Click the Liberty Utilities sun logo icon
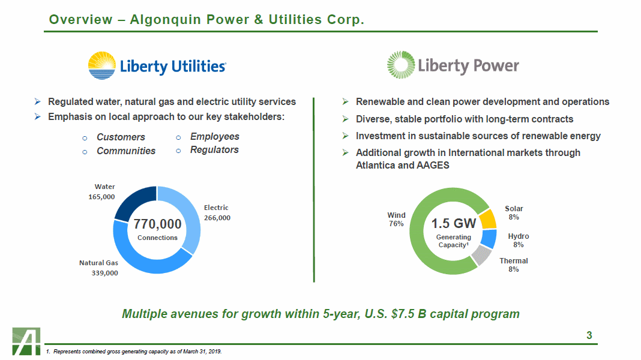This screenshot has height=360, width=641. click(102, 65)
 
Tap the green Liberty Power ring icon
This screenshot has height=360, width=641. click(401, 65)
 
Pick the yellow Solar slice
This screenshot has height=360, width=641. click(488, 219)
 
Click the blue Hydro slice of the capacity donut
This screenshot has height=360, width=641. click(489, 239)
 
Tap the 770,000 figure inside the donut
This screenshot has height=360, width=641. click(157, 224)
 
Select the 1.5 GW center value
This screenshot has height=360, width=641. click(454, 223)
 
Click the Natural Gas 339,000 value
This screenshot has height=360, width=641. click(104, 273)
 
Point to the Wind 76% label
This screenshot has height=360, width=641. click(396, 220)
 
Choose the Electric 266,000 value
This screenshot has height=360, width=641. click(217, 218)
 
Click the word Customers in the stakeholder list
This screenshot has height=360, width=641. click(121, 137)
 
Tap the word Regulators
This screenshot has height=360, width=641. click(214, 150)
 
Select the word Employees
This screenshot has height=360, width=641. click(215, 136)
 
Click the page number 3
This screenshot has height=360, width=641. click(589, 335)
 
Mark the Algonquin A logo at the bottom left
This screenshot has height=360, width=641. click(26, 341)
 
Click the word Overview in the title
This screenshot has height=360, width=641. click(80, 20)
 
